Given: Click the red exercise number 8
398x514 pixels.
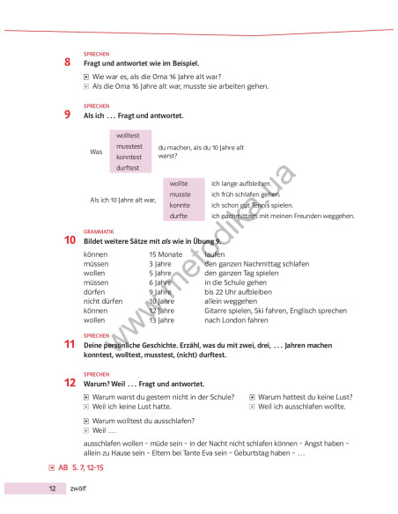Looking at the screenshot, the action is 68,62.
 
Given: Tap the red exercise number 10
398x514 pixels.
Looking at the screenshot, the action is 70,239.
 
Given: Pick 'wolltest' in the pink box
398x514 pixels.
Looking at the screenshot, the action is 129,136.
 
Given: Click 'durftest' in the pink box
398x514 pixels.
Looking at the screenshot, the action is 129,166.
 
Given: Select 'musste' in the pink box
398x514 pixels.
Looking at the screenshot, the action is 180,194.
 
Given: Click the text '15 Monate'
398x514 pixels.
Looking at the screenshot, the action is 165,254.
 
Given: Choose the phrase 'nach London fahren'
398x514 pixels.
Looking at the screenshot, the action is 234,319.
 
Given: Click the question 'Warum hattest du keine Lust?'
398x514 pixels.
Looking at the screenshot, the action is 302,397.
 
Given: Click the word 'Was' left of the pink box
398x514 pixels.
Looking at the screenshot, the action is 97,151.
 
